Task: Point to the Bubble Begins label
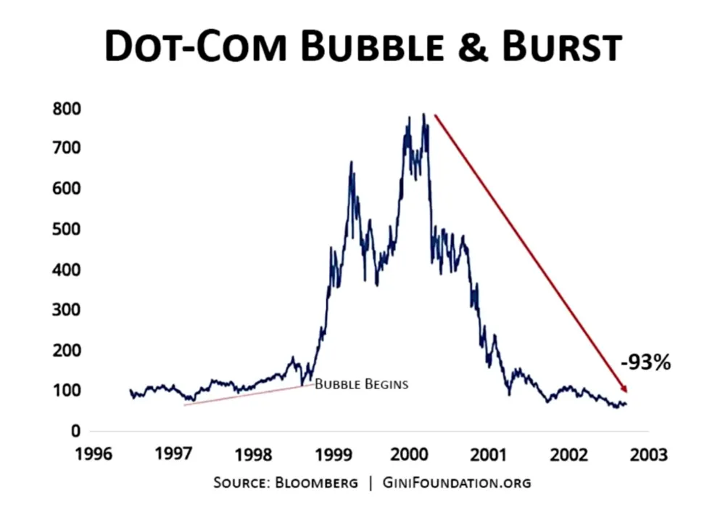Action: (361, 384)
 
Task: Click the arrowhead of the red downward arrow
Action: (623, 389)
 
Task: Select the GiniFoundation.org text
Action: (456, 483)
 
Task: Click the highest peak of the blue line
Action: (423, 115)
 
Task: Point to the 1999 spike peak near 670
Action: (352, 163)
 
